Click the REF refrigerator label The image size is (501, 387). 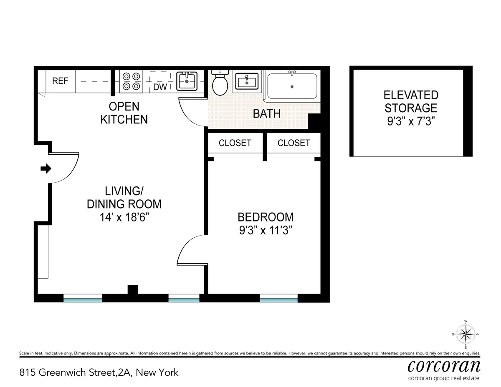click(x=60, y=81)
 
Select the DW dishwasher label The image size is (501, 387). click(x=160, y=87)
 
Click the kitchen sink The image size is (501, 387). click(x=186, y=81)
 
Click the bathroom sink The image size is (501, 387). click(x=247, y=81)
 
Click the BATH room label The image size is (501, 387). click(x=267, y=113)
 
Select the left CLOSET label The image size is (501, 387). click(x=235, y=143)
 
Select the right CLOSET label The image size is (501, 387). click(x=294, y=143)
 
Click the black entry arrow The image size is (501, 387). click(x=46, y=168)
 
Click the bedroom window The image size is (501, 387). click(x=278, y=298)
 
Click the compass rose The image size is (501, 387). click(x=466, y=334)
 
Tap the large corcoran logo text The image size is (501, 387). click(x=443, y=366)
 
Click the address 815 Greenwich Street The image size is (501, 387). click(x=99, y=372)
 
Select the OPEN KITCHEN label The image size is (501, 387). click(x=124, y=113)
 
